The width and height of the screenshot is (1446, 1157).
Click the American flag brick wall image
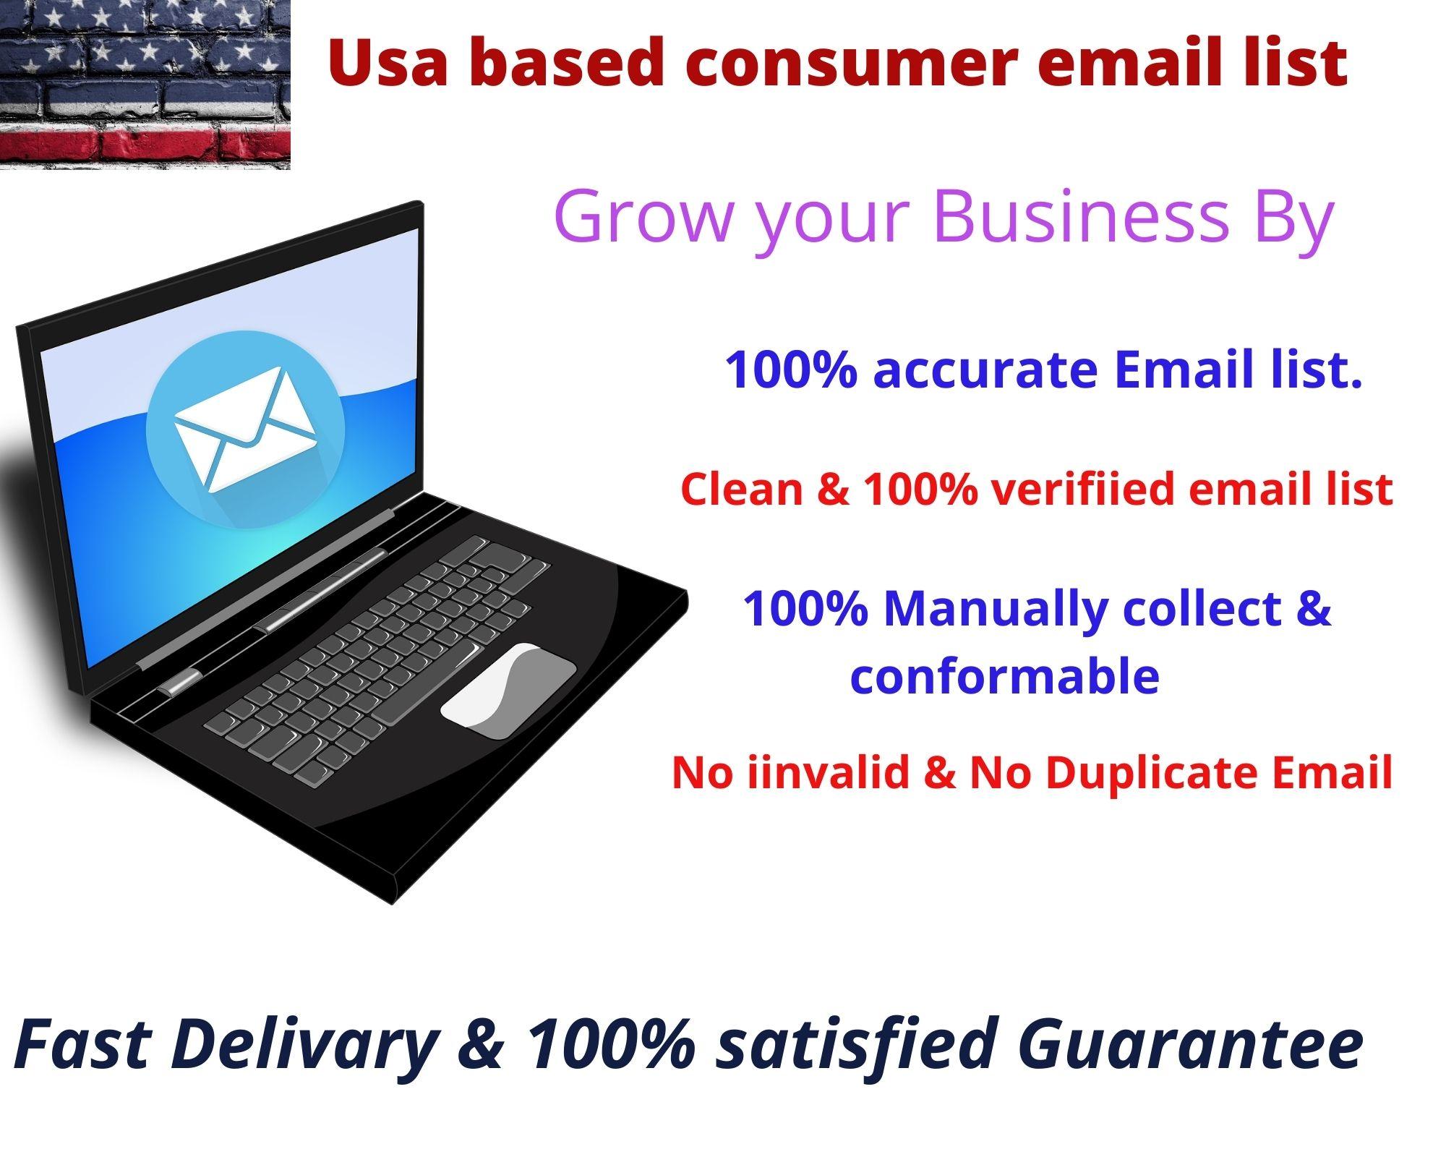coord(145,84)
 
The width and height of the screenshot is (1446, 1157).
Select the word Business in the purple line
coord(1081,215)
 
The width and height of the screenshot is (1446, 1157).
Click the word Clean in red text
coord(742,490)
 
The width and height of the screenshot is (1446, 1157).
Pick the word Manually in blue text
coord(995,609)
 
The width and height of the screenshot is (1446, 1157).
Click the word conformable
coord(1004,676)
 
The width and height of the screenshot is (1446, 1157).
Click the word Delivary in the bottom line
coord(304,1044)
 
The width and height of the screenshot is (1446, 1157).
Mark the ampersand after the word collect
coord(1313,609)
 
